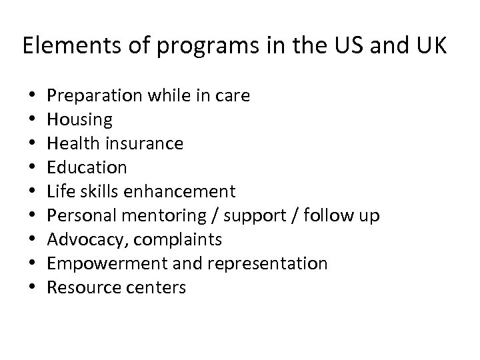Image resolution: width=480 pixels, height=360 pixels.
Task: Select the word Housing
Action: [80, 120]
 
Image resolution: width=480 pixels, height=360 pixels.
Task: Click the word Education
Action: [87, 167]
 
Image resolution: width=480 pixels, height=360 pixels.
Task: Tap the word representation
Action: [268, 264]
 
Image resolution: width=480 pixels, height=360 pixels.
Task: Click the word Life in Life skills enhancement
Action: [59, 191]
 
